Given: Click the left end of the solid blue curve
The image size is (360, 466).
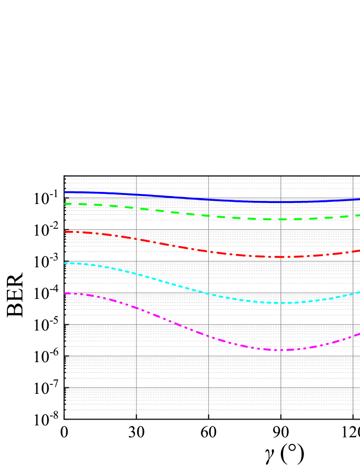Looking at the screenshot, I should [x=65, y=192].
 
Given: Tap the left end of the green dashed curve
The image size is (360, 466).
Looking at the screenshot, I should [x=65, y=204].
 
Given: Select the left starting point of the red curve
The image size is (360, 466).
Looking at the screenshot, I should [x=65, y=231].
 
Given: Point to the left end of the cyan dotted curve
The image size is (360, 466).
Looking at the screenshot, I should [x=65, y=263].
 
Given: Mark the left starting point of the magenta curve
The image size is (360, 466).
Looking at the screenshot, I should [x=65, y=293].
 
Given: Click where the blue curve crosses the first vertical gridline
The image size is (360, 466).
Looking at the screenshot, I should [x=137, y=195].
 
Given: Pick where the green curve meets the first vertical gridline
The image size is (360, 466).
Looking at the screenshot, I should [x=137, y=208].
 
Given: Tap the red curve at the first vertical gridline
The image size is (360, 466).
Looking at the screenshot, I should [x=137, y=239].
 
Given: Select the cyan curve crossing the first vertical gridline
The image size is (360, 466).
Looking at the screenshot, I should [x=137, y=274].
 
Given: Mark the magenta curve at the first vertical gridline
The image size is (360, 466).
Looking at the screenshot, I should [x=137, y=308].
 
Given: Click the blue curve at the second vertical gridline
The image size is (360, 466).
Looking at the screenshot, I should [x=209, y=199].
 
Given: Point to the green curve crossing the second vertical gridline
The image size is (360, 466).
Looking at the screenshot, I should [x=209, y=216].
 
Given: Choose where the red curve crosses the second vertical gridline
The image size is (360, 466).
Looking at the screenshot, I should [x=209, y=251].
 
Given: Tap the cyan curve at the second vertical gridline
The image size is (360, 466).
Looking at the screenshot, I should [x=209, y=294].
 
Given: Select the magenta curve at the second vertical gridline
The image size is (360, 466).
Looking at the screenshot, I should [x=209, y=336].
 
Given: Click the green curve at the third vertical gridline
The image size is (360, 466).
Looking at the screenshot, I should [x=281, y=219].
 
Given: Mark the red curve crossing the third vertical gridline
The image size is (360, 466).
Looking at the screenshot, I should [x=281, y=257].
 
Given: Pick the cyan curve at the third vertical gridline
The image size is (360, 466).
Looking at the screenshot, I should [x=281, y=303].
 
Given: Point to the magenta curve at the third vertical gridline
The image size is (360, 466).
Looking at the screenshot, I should [x=281, y=349].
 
